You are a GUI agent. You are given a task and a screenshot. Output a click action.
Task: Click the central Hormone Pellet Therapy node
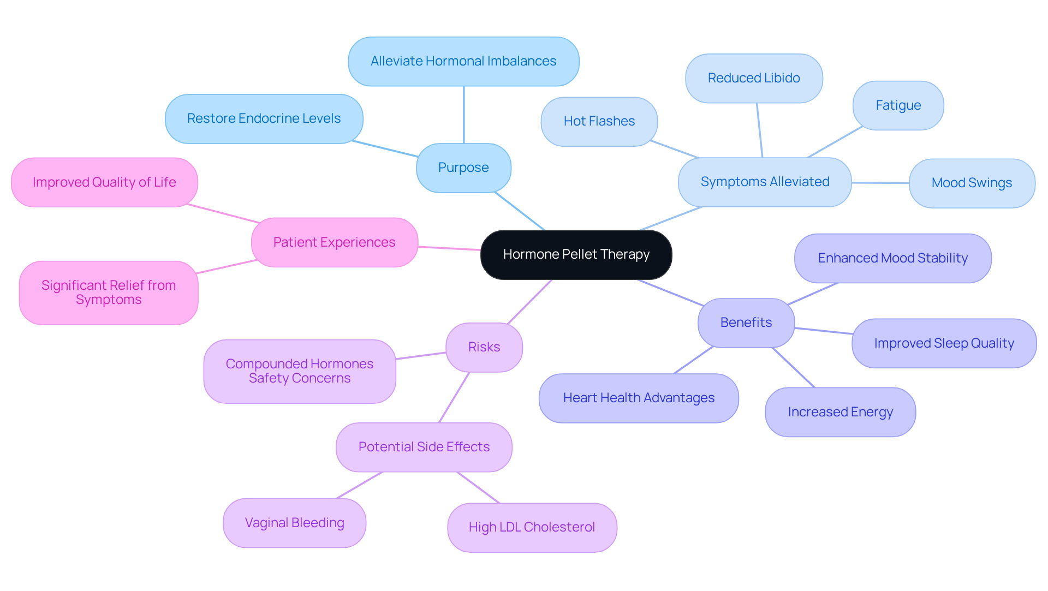point(576,255)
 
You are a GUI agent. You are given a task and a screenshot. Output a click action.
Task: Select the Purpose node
point(463,168)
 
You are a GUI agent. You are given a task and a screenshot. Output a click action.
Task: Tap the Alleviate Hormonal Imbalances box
point(463,62)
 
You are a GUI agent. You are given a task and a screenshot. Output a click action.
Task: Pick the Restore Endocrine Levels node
point(264,119)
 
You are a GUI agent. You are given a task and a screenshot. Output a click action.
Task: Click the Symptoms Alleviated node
point(764,182)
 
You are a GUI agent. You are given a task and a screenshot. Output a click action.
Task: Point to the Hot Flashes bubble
point(599,122)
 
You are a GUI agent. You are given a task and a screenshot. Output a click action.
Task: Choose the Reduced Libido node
point(753,79)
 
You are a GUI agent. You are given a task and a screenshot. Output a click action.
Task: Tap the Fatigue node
point(898,106)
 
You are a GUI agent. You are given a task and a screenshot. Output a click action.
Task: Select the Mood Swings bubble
point(972,183)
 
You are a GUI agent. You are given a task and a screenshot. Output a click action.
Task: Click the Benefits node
point(746,323)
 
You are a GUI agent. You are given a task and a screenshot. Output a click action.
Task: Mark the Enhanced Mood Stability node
point(892,259)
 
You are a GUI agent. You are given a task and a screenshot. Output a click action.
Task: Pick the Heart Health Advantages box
point(639,398)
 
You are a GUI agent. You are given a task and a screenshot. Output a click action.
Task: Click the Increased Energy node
point(840,413)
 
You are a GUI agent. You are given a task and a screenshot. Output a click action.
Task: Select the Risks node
point(484,348)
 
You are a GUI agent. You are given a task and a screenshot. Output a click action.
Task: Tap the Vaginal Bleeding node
point(294,523)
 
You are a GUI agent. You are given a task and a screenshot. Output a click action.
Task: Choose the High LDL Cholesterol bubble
point(532,528)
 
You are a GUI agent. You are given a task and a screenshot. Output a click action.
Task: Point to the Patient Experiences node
point(334,243)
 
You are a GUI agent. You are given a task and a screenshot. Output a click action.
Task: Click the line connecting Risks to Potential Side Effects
point(454,398)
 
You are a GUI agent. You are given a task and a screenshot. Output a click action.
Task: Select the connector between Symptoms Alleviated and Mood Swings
point(880,183)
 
